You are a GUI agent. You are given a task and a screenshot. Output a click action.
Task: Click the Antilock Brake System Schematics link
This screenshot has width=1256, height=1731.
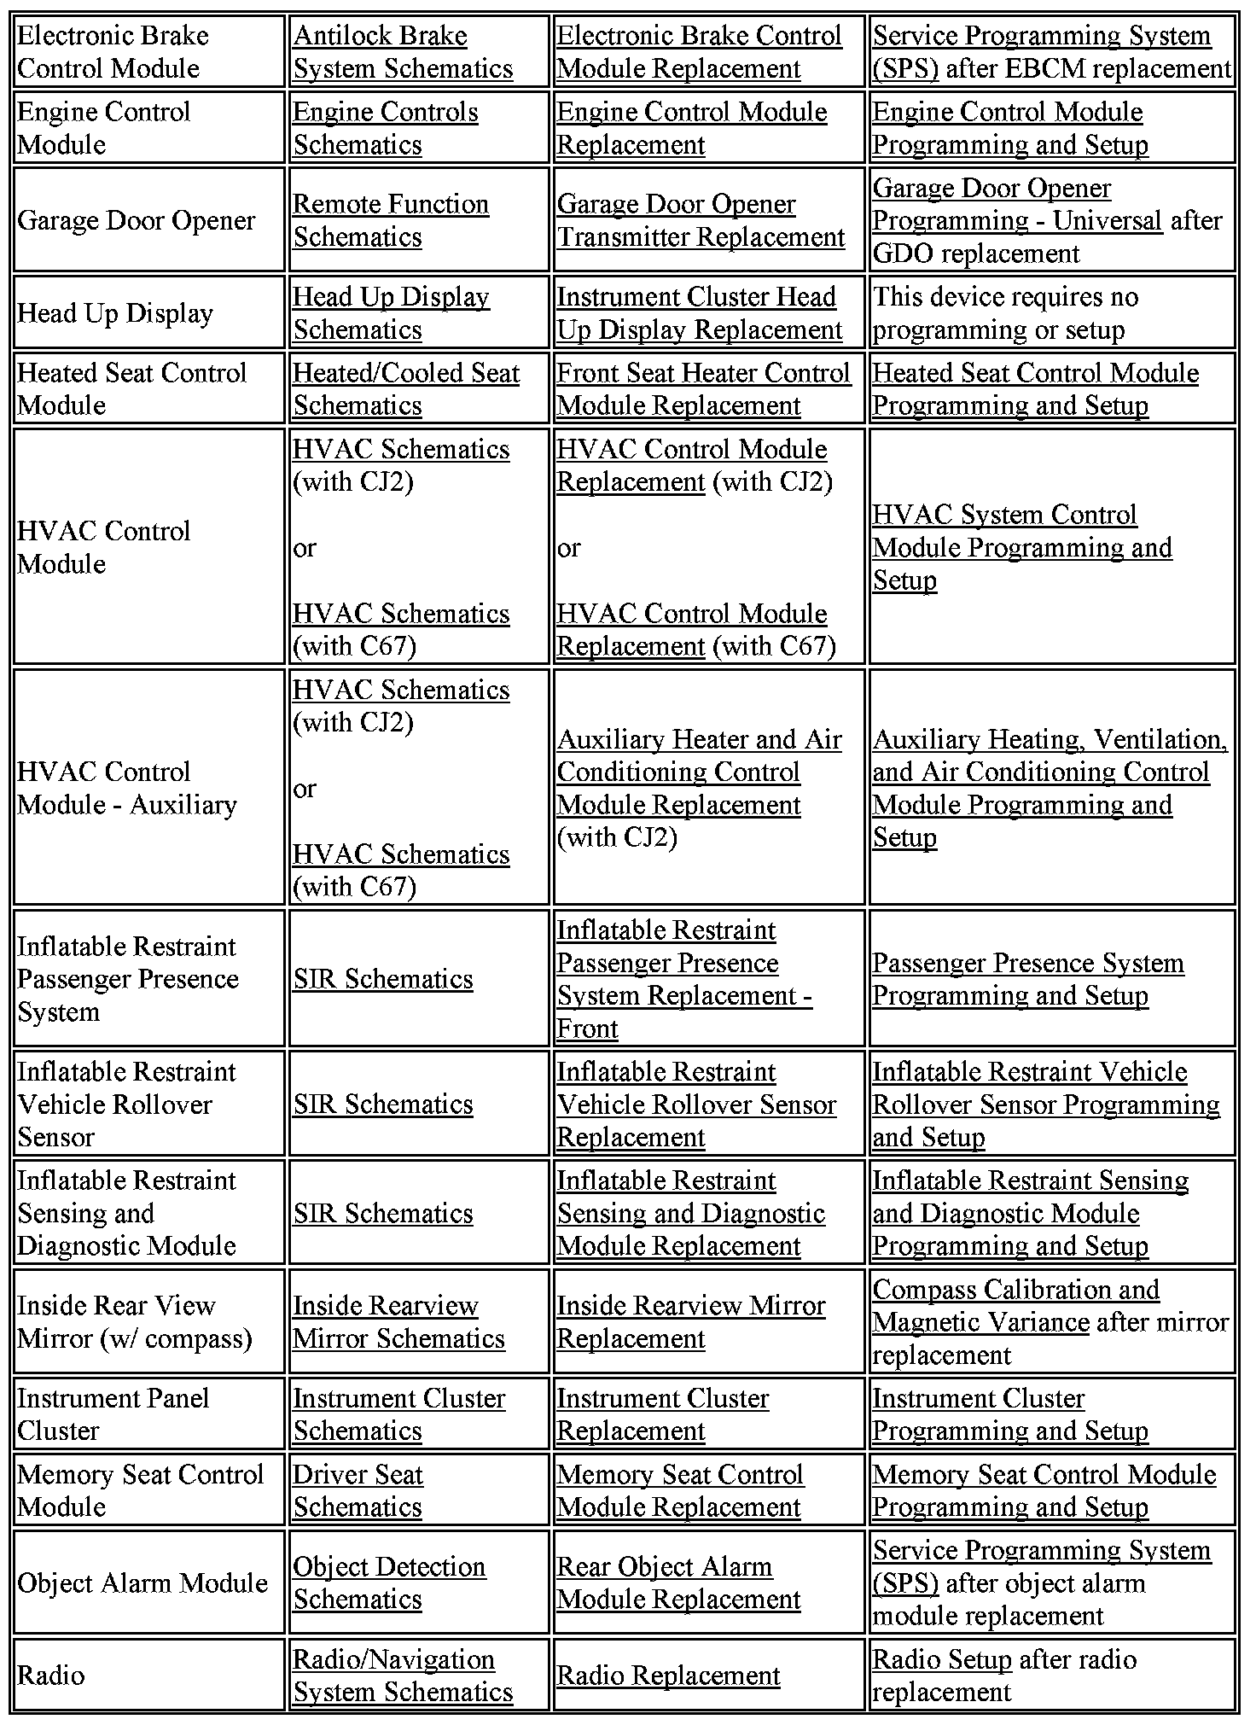coord(403,52)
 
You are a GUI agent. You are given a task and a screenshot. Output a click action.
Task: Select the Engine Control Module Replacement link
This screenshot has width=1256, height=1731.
coord(691,128)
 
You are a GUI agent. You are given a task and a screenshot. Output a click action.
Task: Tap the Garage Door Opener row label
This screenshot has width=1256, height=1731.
coord(136,220)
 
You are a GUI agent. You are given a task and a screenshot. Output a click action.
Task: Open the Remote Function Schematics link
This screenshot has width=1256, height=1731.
coord(391,220)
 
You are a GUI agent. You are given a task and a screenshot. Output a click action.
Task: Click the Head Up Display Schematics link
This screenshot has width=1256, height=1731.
coord(391,313)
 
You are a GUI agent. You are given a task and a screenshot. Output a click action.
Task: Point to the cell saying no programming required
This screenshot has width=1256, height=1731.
coord(1004,313)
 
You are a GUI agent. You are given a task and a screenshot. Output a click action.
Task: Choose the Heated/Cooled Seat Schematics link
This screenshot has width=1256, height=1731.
coord(406,389)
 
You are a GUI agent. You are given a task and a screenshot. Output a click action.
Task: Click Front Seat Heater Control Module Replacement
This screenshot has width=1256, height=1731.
coord(703,389)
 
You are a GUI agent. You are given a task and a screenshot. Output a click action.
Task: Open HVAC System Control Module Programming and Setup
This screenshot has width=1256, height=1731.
coord(1021,547)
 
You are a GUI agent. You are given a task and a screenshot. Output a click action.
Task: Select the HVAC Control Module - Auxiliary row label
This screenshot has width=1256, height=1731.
coord(127,788)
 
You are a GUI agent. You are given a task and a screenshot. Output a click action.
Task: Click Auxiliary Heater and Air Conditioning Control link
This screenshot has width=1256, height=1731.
coord(699,772)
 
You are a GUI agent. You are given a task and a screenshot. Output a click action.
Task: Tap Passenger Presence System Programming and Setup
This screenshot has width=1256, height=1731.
coord(1027,979)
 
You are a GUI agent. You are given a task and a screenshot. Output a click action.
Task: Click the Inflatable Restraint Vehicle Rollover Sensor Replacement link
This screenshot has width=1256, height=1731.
coord(696,1104)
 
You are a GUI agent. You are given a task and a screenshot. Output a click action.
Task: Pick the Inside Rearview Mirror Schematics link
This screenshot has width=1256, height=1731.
coord(398,1322)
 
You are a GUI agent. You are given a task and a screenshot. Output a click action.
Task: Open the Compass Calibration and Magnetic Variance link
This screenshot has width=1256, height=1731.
coord(1015,1306)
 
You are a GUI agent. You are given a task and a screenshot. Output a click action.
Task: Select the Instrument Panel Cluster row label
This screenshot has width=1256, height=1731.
coord(113,1414)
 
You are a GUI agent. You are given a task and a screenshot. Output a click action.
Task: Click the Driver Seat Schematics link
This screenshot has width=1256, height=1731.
coord(358,1490)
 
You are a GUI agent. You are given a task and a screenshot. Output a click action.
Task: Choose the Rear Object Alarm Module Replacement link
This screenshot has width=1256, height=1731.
coord(678,1583)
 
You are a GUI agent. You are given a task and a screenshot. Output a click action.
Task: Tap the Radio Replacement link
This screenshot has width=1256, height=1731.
coord(668,1676)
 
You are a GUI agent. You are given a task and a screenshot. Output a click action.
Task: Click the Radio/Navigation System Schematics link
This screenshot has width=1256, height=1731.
coord(403,1676)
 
